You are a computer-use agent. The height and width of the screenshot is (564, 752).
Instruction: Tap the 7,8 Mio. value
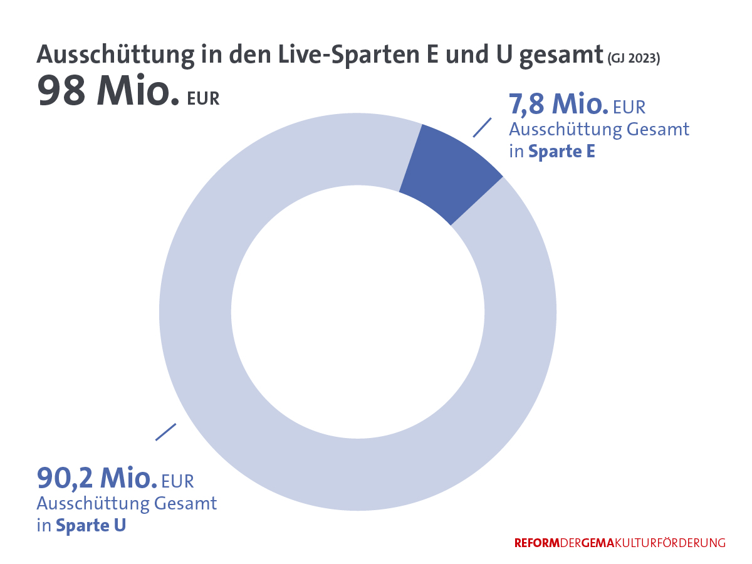tap(558, 105)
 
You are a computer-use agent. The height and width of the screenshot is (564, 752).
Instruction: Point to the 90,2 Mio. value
tap(97, 479)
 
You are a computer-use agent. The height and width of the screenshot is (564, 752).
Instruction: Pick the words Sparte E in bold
tap(561, 152)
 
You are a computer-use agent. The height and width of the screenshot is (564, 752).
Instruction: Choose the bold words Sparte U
tap(91, 525)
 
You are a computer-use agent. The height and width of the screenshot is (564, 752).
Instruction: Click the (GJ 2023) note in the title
tap(634, 58)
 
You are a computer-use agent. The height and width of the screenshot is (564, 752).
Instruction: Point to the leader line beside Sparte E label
tap(481, 127)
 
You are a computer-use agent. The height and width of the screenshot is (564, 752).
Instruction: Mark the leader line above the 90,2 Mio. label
tap(165, 432)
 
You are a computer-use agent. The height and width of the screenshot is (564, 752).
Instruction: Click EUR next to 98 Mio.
tap(203, 99)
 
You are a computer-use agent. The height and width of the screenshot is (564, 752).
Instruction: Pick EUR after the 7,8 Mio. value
tap(629, 108)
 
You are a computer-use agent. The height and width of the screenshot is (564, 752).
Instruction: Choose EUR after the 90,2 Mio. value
tap(178, 481)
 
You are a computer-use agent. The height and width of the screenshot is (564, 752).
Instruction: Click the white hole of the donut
tap(357, 311)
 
